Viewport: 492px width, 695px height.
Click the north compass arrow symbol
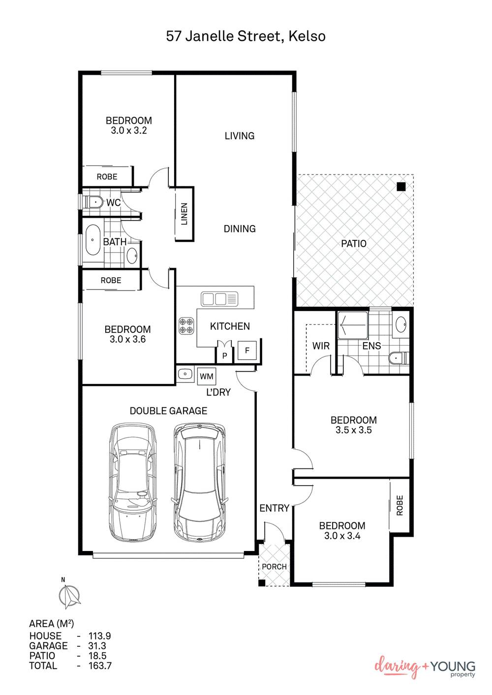point(69,595)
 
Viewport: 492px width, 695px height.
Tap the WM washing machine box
point(207,376)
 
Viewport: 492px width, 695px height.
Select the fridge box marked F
point(247,350)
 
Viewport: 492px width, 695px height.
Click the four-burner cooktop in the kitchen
point(186,326)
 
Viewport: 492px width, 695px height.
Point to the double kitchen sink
point(219,299)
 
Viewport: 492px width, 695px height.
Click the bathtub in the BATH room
point(92,240)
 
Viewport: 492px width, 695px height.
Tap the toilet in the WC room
point(95,203)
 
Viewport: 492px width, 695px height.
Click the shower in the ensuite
point(353,325)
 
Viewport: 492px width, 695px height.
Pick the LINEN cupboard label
point(184,214)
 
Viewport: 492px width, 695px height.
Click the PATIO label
point(354,244)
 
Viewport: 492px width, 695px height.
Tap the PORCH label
point(274,567)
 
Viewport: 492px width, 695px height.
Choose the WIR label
point(321,346)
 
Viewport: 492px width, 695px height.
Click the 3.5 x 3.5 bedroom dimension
point(353,430)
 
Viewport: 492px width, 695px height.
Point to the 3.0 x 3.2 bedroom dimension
point(129,130)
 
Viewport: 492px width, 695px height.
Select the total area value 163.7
point(100,666)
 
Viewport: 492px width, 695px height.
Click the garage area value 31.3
point(97,646)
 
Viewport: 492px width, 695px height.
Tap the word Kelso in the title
point(307,36)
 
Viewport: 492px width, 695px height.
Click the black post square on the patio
point(401,187)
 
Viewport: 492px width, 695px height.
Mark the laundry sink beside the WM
point(185,374)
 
